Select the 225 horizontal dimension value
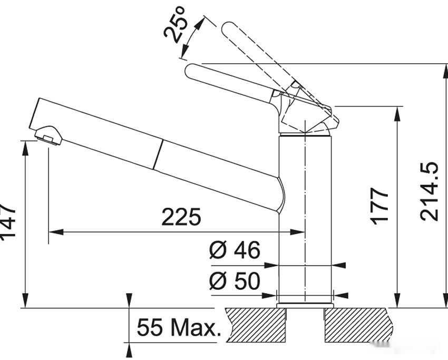(181, 217)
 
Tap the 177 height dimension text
(379, 206)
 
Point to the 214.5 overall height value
(429, 191)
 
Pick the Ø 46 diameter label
(235, 250)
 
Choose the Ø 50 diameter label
(235, 281)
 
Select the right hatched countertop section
(358, 325)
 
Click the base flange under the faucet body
(305, 305)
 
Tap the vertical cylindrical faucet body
(305, 211)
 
